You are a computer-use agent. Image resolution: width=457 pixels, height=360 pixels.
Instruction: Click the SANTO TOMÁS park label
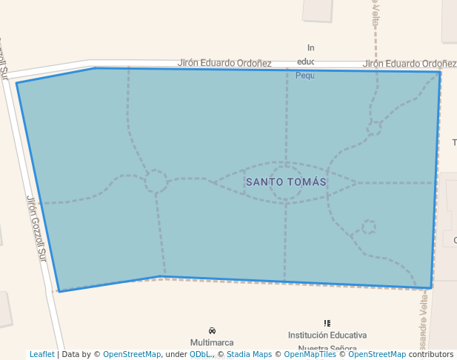click(x=286, y=181)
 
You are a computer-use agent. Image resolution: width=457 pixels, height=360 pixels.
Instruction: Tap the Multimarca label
click(x=212, y=342)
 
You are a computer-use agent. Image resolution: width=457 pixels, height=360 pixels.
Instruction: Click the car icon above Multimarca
click(x=213, y=330)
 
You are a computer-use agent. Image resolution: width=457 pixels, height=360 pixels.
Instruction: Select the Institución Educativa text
click(x=327, y=336)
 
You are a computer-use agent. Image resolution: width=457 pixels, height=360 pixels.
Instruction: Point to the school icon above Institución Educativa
click(x=327, y=323)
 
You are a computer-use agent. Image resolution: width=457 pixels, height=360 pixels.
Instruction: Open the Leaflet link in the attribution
click(x=41, y=355)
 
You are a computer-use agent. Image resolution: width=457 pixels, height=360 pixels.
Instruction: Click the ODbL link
click(x=199, y=355)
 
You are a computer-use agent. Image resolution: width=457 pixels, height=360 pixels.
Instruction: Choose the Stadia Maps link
click(x=249, y=355)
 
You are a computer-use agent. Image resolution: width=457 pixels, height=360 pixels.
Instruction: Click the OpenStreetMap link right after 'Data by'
click(x=131, y=355)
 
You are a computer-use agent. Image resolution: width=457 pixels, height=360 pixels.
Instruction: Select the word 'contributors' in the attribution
click(x=431, y=355)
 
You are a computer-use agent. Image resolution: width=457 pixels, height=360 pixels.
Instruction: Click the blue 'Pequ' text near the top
click(x=305, y=76)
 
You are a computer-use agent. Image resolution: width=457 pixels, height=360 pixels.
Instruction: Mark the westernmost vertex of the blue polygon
click(x=17, y=83)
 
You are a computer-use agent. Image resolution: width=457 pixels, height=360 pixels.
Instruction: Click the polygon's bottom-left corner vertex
click(x=59, y=291)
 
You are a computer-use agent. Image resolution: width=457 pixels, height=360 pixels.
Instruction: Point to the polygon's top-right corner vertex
click(x=440, y=72)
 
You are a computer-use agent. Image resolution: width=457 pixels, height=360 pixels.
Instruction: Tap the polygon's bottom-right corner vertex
click(x=431, y=287)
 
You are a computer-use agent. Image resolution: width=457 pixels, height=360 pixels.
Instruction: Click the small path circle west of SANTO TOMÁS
click(x=156, y=181)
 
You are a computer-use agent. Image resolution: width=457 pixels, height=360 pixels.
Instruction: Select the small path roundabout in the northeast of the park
click(x=374, y=127)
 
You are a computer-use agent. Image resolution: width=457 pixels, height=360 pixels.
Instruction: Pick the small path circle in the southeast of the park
click(x=368, y=227)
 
